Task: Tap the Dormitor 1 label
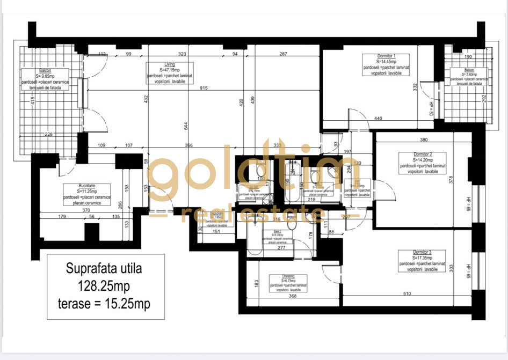[x=386, y=56]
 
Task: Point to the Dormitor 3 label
[x=411, y=252]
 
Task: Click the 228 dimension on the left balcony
[x=49, y=134]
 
